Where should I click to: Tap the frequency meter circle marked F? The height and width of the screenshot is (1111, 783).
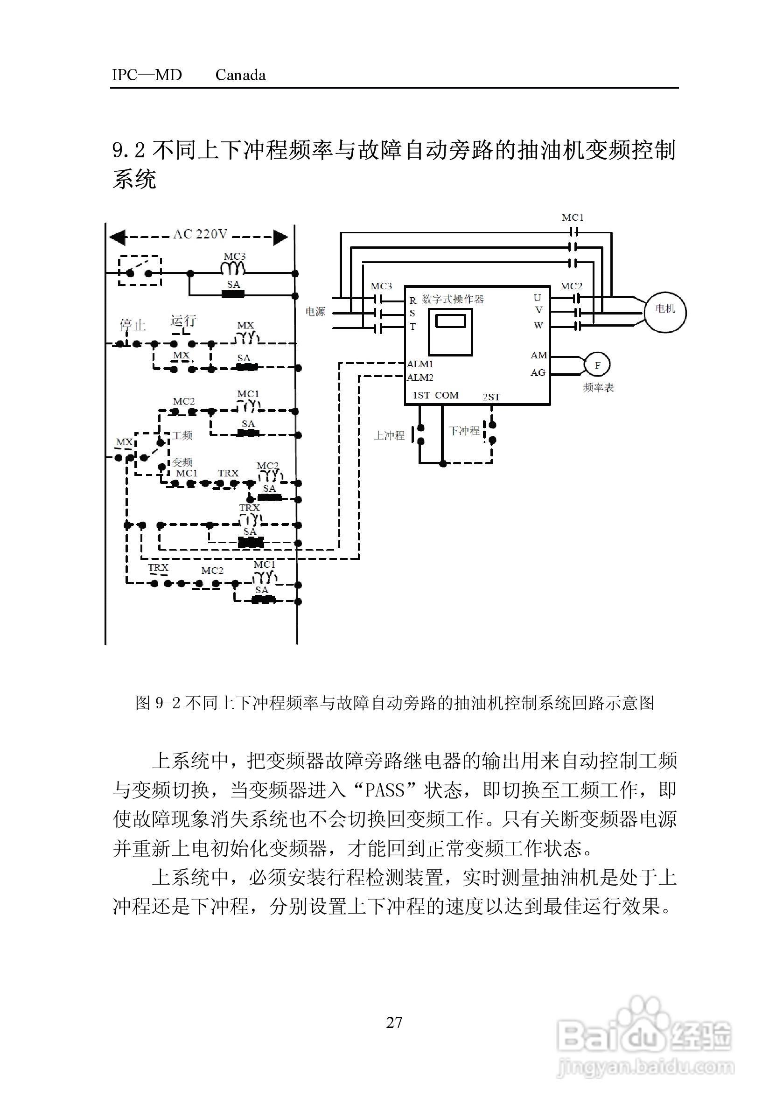597,365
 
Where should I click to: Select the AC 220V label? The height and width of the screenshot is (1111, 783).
200,235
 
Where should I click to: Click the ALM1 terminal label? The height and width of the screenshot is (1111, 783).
419,364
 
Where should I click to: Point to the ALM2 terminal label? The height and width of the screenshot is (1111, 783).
419,377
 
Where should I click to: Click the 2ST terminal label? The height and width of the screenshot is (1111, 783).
491,397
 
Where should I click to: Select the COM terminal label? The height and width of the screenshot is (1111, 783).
446,395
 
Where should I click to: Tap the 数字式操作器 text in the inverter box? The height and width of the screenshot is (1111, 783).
453,299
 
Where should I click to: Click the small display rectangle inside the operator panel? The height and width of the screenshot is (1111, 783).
450,321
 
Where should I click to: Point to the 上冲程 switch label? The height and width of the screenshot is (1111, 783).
389,435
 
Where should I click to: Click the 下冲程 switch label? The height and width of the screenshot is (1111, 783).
464,431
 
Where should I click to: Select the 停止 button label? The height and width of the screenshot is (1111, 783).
132,325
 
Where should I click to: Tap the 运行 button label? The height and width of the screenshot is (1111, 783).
183,321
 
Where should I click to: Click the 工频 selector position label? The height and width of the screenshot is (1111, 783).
182,435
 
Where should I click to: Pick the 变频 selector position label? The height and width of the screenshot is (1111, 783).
182,462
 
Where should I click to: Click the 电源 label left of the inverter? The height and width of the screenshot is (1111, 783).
315,312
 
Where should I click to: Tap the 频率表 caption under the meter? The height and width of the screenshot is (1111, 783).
598,388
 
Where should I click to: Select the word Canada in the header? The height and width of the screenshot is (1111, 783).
240,76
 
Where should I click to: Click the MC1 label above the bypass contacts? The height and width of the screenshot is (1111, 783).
573,218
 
